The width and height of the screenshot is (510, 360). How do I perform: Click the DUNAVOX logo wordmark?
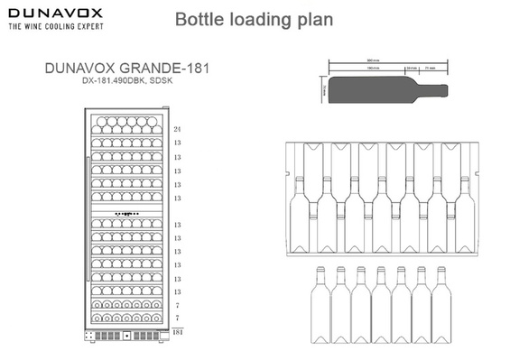(55, 14)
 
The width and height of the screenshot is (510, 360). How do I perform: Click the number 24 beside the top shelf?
(178, 129)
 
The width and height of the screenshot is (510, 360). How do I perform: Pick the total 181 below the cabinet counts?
(178, 332)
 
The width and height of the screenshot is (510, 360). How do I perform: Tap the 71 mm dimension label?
(431, 69)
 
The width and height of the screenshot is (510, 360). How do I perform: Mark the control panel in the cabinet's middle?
(126, 214)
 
